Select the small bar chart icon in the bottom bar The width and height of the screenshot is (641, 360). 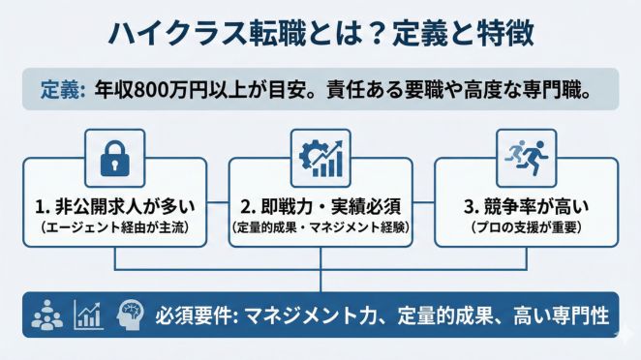87,315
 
